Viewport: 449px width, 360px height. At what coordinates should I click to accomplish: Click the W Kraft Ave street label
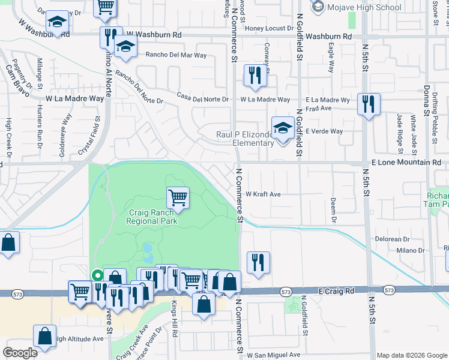(264, 194)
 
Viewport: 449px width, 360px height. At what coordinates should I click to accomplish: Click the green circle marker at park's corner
(96, 275)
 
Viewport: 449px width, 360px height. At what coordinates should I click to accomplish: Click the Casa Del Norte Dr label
(203, 98)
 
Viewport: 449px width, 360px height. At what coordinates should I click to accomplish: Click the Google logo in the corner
(20, 353)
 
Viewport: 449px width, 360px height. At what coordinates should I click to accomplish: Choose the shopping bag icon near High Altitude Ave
(45, 338)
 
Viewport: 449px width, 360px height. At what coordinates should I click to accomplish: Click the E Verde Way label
(324, 131)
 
